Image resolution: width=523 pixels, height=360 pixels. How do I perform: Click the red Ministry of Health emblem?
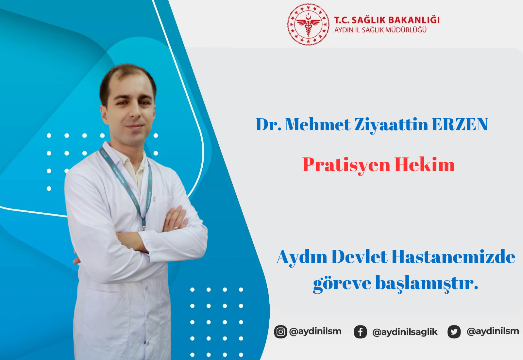(x=308, y=24)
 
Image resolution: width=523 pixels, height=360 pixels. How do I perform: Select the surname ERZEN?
(x=460, y=124)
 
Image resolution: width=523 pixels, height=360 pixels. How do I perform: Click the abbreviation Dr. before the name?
(x=268, y=124)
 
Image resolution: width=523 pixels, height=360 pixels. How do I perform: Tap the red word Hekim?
(x=425, y=165)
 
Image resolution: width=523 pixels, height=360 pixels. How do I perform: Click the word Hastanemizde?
(x=453, y=257)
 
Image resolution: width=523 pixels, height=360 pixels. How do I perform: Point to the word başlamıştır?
(x=427, y=283)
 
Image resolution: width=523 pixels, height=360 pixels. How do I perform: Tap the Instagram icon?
(x=280, y=332)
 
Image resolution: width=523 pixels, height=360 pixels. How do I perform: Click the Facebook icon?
(x=360, y=332)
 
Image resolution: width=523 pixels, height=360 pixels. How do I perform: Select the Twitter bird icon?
(x=454, y=332)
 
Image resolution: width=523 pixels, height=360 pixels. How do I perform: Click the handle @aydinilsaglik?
(x=405, y=332)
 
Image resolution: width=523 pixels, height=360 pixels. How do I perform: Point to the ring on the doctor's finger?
(x=176, y=227)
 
